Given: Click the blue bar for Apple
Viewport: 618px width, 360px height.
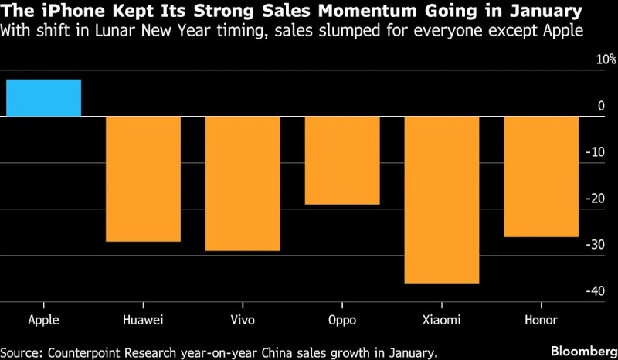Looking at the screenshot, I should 43,98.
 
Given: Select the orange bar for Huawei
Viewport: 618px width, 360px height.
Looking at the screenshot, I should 143,178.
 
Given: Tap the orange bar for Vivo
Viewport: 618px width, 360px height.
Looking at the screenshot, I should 243,183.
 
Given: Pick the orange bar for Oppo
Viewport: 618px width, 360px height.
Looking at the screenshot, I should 342,161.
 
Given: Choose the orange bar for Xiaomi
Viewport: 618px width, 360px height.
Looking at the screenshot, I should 441,199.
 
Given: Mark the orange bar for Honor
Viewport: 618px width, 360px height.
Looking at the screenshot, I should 541,176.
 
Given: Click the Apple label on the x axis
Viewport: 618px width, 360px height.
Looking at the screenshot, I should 43,320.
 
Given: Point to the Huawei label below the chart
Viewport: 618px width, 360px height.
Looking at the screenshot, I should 143,320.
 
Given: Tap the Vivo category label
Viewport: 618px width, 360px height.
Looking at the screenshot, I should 243,320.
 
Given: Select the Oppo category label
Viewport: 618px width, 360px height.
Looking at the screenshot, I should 342,320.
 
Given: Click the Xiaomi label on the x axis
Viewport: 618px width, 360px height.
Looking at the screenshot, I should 441,320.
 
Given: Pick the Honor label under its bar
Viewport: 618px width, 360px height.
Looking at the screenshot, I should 541,320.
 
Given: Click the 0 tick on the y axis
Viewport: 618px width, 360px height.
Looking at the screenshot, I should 602,106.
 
